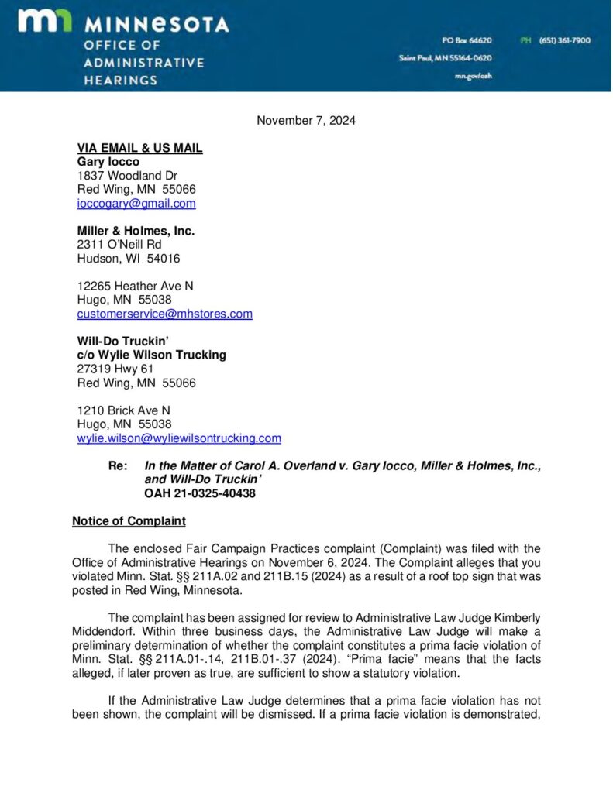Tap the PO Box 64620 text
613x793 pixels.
[x=467, y=40]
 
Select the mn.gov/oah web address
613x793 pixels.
[x=474, y=76]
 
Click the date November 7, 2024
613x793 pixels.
[x=306, y=120]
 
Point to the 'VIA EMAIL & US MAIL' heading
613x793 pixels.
[x=139, y=148]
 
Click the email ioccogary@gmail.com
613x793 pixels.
[x=136, y=204]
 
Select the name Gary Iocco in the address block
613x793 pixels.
[x=108, y=162]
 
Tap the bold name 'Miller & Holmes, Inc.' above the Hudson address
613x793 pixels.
[x=136, y=231]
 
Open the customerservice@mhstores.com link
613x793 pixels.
[x=164, y=314]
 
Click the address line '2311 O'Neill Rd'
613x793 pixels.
[x=119, y=245]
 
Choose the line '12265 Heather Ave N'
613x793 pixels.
[x=135, y=286]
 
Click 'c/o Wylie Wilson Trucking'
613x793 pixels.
[x=151, y=355]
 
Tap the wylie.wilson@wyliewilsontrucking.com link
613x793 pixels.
[x=179, y=438]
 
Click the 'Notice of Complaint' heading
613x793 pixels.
[x=129, y=521]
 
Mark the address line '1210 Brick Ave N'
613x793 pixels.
[x=124, y=410]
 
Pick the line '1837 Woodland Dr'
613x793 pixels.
[x=127, y=176]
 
